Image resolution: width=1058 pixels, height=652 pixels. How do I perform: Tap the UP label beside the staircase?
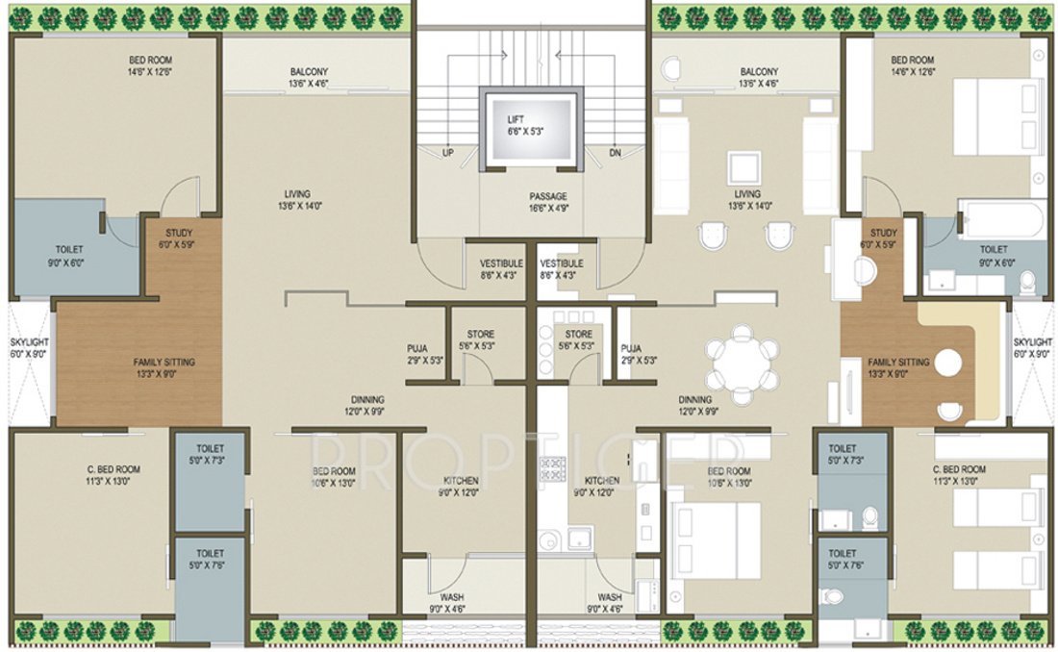pyautogui.click(x=448, y=153)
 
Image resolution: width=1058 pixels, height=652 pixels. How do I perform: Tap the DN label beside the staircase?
pyautogui.click(x=615, y=153)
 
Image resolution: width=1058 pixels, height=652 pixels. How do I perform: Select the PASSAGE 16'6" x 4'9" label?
pyautogui.click(x=547, y=197)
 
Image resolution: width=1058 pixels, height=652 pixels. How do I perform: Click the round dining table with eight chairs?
pyautogui.click(x=741, y=364)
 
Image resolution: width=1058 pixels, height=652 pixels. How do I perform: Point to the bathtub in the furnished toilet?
pyautogui.click(x=1001, y=220)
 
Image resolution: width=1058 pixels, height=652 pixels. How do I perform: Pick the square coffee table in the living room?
pyautogui.click(x=743, y=167)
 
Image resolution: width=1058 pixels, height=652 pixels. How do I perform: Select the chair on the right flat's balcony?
pyautogui.click(x=670, y=69)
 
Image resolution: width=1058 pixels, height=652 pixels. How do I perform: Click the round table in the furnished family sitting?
pyautogui.click(x=948, y=364)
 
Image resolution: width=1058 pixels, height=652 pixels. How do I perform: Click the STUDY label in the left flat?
pyautogui.click(x=179, y=233)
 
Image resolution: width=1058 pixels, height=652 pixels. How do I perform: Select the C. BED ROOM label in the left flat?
pyautogui.click(x=113, y=469)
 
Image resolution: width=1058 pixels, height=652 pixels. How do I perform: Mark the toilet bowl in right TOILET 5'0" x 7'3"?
pyautogui.click(x=869, y=517)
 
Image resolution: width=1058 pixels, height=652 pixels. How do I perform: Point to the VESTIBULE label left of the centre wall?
pyautogui.click(x=500, y=263)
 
